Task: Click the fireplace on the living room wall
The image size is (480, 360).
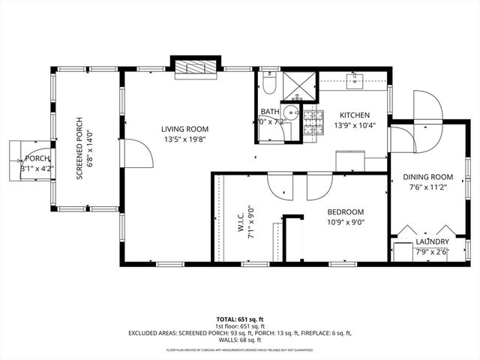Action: (197, 69)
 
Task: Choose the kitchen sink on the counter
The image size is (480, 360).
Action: (356, 79)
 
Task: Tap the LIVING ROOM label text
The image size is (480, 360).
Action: (186, 128)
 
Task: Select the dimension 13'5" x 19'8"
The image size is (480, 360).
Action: (186, 139)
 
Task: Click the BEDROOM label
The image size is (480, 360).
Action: (345, 211)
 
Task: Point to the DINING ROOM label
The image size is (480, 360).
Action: (426, 177)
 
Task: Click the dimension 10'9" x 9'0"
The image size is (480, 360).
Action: (345, 222)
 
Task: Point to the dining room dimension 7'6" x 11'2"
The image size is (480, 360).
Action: (426, 187)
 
